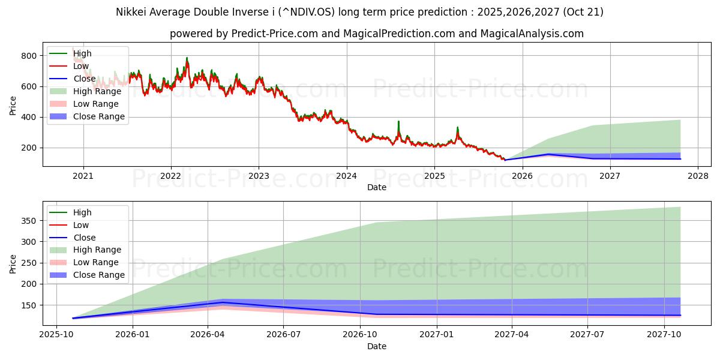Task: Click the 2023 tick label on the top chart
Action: click(259, 176)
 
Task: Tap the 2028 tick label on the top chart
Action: click(698, 176)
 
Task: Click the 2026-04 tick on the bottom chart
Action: click(207, 334)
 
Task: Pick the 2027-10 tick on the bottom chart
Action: click(664, 334)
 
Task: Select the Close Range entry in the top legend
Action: click(99, 116)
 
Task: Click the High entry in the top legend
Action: click(82, 53)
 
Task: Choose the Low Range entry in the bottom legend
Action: click(96, 262)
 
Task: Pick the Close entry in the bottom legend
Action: click(84, 238)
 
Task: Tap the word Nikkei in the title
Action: click(131, 12)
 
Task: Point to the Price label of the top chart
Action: click(13, 105)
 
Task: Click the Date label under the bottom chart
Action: click(376, 346)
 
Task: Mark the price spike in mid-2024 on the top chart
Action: click(398, 122)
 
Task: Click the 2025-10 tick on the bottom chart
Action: click(56, 334)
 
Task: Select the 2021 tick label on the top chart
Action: click(83, 176)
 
